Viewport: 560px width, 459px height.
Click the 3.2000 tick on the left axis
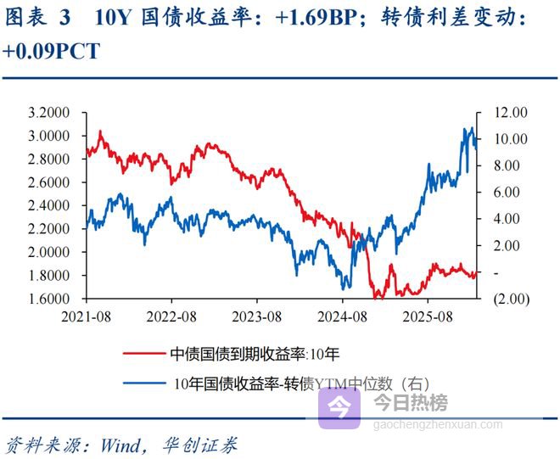(x=49, y=113)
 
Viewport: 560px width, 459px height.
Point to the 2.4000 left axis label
(x=49, y=206)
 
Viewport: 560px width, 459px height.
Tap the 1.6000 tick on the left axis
(x=49, y=299)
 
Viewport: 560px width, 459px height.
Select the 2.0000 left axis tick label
(x=49, y=253)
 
